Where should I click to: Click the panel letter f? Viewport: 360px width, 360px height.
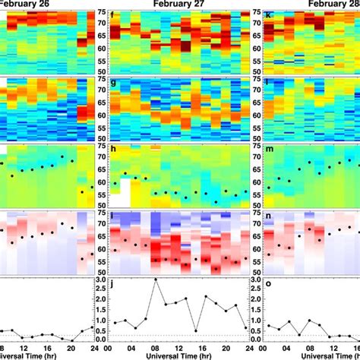click(112, 15)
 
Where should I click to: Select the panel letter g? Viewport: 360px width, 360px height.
click(112, 82)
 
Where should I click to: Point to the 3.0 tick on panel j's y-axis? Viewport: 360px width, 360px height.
click(101, 280)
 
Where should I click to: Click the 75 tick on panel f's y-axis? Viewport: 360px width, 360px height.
click(102, 13)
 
